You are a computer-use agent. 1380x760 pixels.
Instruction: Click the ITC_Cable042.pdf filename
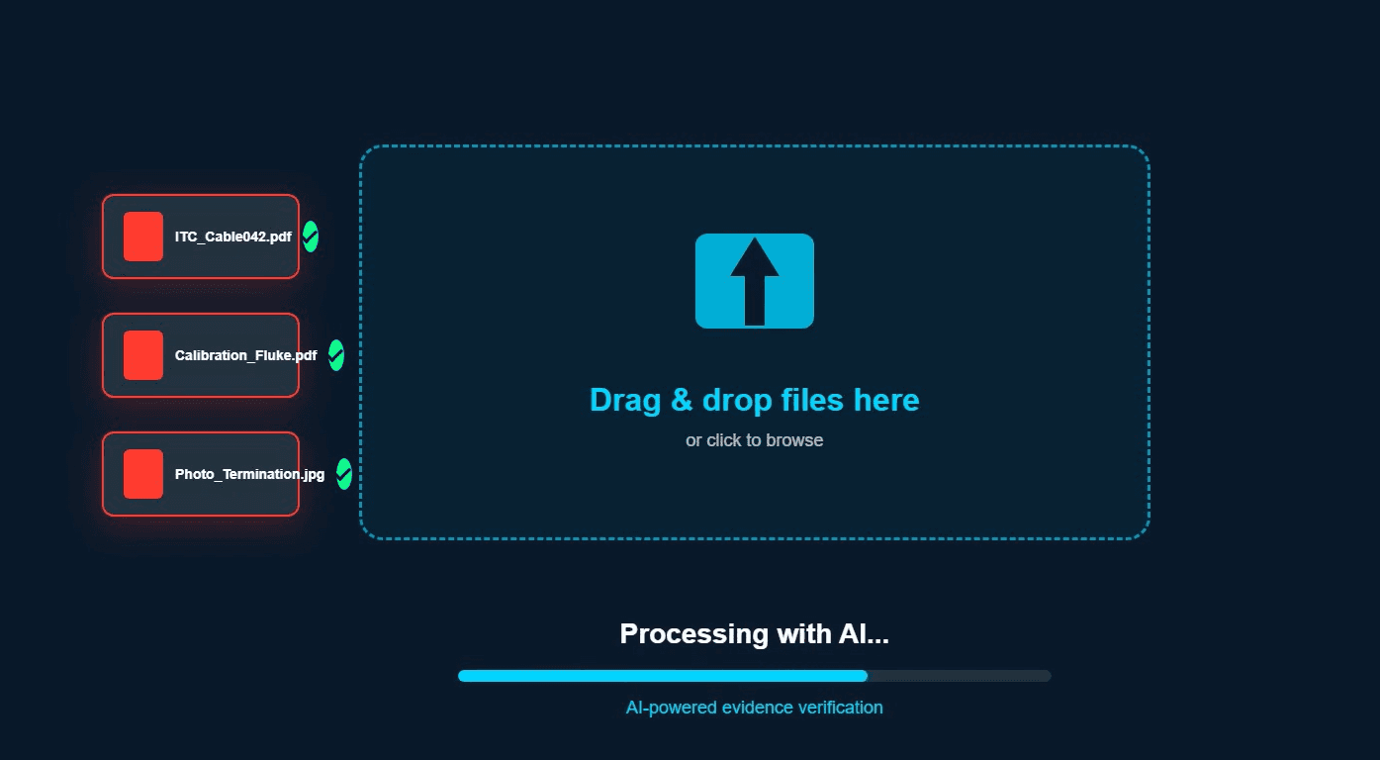[x=233, y=237]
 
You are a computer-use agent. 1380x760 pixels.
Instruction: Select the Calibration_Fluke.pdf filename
[x=246, y=355]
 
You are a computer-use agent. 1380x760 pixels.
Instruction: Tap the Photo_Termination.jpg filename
[x=249, y=474]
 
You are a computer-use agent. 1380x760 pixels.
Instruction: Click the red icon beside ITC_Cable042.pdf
[x=143, y=237]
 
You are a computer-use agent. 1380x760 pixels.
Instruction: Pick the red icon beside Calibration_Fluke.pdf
[x=143, y=355]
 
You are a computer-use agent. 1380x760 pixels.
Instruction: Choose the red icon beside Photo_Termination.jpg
[x=143, y=474]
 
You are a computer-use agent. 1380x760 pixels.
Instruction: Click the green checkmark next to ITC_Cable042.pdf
[x=311, y=237]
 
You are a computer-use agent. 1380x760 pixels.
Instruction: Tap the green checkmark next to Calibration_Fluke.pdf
[x=336, y=354]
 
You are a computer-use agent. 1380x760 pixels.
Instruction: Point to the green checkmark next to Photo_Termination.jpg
[x=344, y=474]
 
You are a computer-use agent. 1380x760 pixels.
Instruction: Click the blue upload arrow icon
[x=755, y=281]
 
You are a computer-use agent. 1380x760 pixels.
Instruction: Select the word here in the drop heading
[x=886, y=400]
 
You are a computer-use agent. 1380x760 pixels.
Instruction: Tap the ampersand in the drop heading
[x=682, y=400]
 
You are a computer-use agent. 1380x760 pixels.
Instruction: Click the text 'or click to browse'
[x=754, y=440]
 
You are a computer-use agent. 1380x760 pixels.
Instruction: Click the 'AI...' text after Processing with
[x=864, y=634]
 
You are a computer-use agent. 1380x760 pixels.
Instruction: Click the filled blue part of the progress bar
[x=663, y=676]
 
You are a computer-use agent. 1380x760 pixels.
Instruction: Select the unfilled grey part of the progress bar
[x=959, y=676]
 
